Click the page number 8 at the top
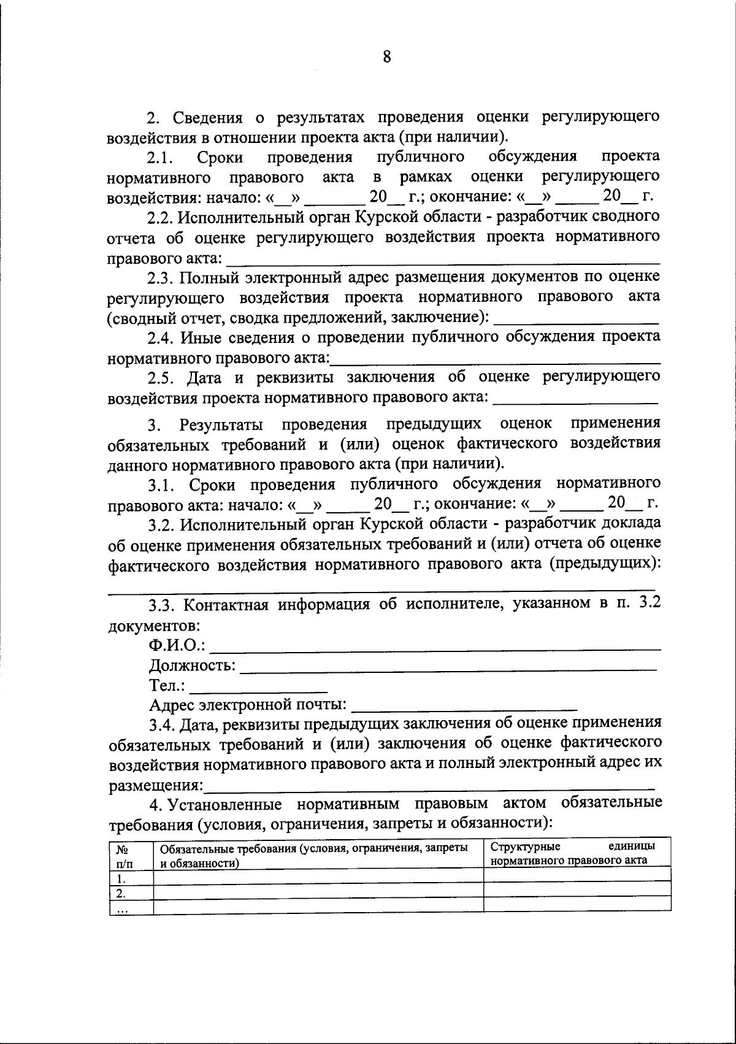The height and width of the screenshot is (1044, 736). (x=386, y=57)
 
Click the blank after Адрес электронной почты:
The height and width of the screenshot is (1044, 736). (x=464, y=708)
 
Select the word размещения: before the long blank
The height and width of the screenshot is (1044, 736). (x=156, y=785)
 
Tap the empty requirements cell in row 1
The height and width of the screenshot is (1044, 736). (x=318, y=877)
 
